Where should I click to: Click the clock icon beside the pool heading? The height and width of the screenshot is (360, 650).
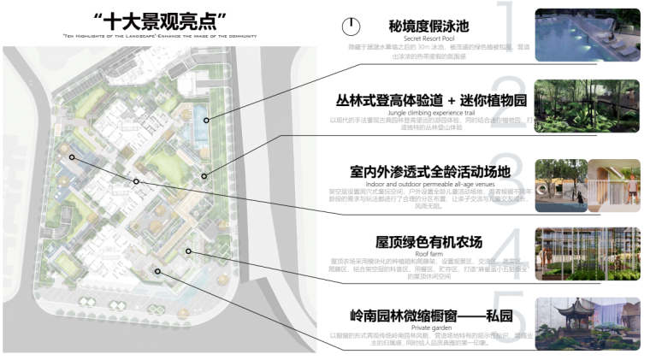[x=349, y=27]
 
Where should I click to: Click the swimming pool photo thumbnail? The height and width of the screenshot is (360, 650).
[x=587, y=37]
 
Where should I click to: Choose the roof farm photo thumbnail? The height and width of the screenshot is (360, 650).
[x=587, y=255]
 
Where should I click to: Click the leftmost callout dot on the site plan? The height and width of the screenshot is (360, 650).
[x=72, y=157]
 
